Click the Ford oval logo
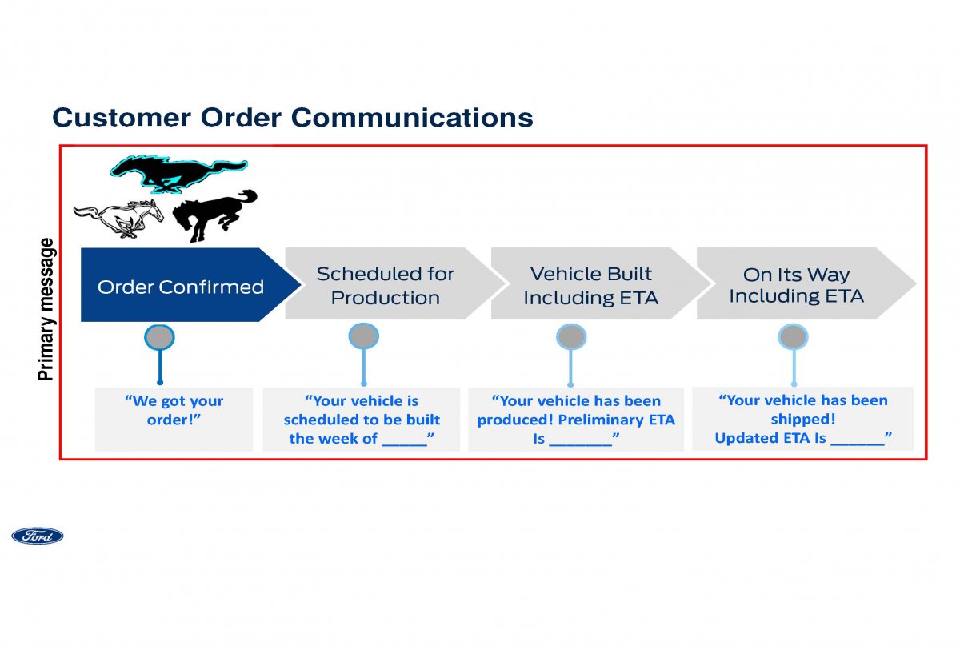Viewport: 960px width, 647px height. [x=38, y=536]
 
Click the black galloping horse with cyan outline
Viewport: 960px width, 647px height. [x=178, y=173]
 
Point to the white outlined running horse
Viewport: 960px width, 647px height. [x=118, y=219]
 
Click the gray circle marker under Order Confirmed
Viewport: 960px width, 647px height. [x=159, y=337]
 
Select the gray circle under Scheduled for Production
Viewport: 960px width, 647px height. [x=363, y=336]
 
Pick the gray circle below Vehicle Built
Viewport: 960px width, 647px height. [x=571, y=337]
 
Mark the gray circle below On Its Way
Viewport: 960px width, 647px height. [x=794, y=337]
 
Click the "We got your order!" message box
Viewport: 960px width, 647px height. [x=174, y=419]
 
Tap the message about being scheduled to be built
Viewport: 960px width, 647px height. [x=362, y=419]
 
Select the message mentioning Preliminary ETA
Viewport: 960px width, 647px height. [x=576, y=419]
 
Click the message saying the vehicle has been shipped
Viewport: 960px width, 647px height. [x=803, y=419]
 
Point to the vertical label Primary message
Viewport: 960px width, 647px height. [x=46, y=309]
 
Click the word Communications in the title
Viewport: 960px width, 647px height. [x=412, y=118]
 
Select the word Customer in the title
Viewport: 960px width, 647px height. [x=122, y=118]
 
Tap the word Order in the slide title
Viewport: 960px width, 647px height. [x=241, y=118]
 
